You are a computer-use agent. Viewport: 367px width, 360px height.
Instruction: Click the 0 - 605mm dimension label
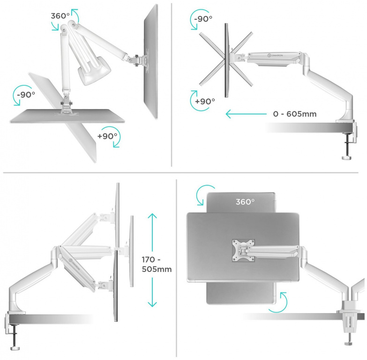click(x=295, y=114)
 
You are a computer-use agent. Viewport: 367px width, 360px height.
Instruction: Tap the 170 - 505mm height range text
click(x=157, y=264)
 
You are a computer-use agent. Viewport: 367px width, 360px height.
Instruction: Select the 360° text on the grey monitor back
click(x=245, y=202)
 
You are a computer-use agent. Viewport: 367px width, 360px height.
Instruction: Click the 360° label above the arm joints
click(x=60, y=16)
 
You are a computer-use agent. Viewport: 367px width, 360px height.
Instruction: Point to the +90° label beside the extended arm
click(x=205, y=101)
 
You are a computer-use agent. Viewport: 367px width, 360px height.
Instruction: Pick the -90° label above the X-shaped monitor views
click(x=203, y=19)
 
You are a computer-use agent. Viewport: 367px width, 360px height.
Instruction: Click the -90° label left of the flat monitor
click(x=26, y=95)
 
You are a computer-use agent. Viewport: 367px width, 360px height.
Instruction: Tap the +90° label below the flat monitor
click(x=107, y=136)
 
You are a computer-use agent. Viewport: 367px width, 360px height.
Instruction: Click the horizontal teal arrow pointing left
click(x=246, y=114)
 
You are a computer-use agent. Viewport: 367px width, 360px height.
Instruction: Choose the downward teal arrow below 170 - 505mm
click(x=152, y=292)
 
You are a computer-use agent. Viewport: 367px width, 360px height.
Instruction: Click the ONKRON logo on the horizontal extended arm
click(x=275, y=55)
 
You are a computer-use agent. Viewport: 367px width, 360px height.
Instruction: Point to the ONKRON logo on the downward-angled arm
click(x=74, y=264)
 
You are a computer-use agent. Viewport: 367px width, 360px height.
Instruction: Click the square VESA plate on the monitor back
click(x=243, y=250)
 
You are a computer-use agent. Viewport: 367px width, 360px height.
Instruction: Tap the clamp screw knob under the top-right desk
click(x=347, y=158)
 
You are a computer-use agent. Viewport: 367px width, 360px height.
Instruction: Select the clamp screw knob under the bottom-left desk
click(x=15, y=348)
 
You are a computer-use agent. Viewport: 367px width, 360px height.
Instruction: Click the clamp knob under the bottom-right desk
click(x=350, y=343)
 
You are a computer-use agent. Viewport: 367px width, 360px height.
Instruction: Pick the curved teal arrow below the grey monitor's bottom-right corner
click(x=278, y=302)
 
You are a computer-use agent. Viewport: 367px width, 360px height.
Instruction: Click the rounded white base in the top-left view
click(x=95, y=69)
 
